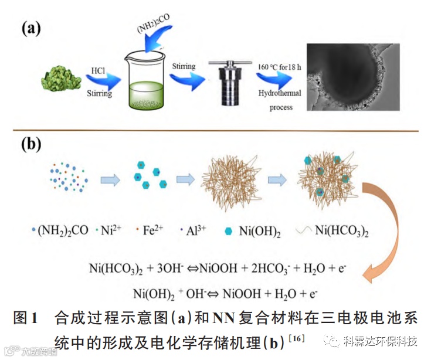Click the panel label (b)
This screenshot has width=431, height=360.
click(x=32, y=144)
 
